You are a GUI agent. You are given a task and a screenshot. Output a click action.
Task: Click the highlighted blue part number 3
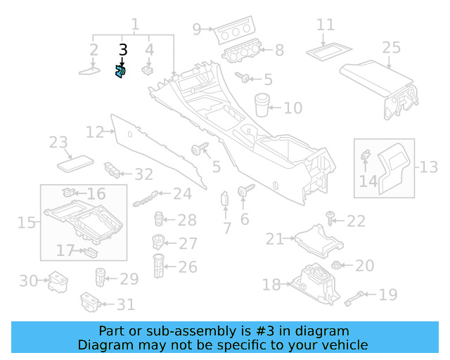tap(120, 72)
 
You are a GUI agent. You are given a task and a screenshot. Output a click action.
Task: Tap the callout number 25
tap(391, 48)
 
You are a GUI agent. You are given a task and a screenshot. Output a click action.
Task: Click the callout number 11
tap(325, 25)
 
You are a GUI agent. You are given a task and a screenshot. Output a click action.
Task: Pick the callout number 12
tap(94, 131)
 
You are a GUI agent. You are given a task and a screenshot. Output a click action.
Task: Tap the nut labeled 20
tap(336, 266)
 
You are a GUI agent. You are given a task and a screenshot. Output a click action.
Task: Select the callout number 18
tap(271, 284)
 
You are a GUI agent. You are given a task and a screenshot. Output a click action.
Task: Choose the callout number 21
tap(275, 239)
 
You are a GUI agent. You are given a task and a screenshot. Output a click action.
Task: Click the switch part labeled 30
tap(56, 283)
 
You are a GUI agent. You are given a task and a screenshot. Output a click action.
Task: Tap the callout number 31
tap(126, 304)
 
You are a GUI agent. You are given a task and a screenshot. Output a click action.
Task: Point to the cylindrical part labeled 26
tap(159, 266)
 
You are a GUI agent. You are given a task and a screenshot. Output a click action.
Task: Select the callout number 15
tap(26, 223)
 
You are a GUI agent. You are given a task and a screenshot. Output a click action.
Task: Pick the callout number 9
tap(197, 29)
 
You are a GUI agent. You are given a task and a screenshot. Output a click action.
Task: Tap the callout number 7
tap(226, 228)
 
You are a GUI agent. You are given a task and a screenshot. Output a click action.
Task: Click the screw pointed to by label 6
tap(244, 191)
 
